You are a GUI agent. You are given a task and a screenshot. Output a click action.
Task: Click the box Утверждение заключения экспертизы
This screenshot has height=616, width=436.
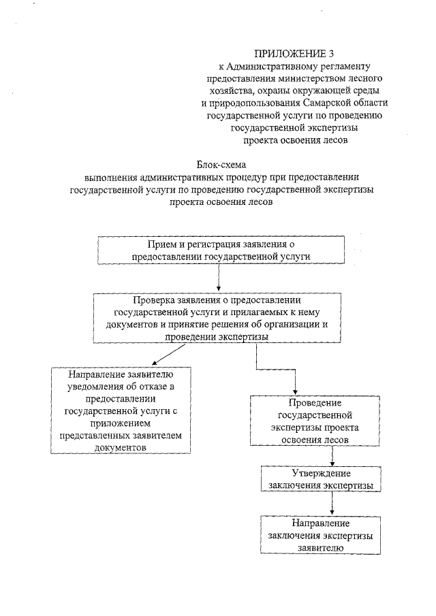click(x=320, y=479)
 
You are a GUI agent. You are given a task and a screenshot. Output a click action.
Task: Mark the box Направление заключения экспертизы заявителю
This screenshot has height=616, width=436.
click(x=320, y=534)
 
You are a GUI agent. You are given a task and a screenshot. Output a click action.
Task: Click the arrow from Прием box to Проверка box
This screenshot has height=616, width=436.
click(x=218, y=278)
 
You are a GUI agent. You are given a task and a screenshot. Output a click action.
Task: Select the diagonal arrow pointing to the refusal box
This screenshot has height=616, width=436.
click(x=170, y=355)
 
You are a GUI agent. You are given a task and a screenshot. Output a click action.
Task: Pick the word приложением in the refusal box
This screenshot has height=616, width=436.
click(x=121, y=423)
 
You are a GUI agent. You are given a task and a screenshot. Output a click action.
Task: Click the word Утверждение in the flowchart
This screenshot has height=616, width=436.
click(x=320, y=473)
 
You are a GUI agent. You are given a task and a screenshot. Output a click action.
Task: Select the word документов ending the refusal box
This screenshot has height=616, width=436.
click(x=121, y=448)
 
